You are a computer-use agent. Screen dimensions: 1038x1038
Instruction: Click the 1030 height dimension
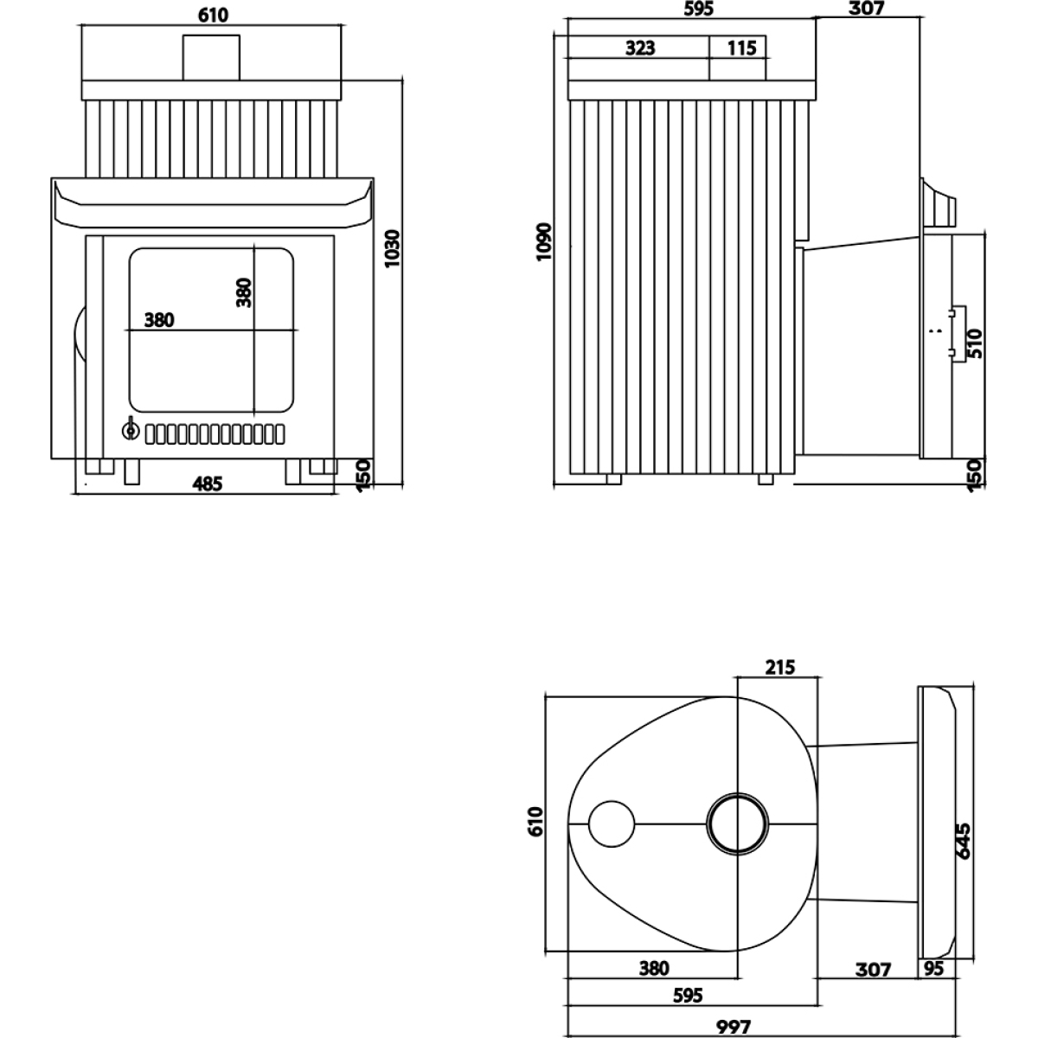[393, 248]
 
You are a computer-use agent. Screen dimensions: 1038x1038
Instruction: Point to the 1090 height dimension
[545, 241]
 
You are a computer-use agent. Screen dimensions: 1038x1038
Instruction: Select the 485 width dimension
[208, 484]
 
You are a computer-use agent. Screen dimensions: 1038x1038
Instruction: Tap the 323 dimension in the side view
[640, 48]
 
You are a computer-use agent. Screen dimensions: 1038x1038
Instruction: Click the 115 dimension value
[741, 48]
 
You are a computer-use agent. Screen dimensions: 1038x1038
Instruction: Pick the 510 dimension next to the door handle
[975, 343]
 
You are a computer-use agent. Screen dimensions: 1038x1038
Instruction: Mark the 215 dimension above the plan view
[780, 668]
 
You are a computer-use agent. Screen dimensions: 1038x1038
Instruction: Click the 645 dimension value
[963, 841]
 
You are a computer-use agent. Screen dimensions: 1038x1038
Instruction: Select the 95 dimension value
[933, 969]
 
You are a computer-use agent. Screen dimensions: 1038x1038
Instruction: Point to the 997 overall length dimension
[734, 1027]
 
